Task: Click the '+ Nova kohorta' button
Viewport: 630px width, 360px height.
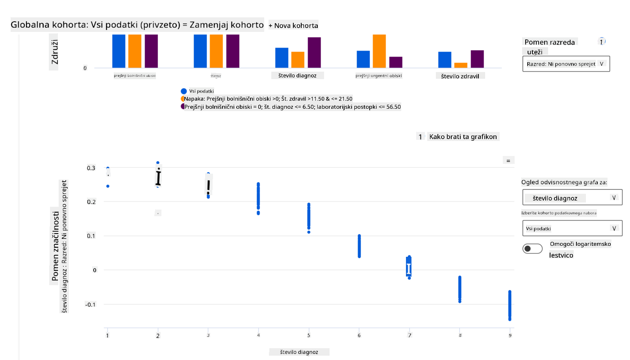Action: tap(293, 26)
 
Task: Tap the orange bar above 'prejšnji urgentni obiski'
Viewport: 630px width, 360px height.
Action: tap(379, 51)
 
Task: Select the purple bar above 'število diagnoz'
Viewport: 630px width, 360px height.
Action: tap(314, 52)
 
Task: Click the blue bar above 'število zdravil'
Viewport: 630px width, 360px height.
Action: tap(445, 60)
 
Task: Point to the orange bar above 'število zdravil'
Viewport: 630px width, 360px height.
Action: tap(461, 65)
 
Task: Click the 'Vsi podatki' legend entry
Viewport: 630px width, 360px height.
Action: tap(201, 91)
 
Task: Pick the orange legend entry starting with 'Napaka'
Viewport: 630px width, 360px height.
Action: tap(268, 99)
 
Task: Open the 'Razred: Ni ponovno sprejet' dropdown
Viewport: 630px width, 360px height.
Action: tap(566, 64)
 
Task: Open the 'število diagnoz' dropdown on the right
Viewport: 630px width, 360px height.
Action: tap(572, 198)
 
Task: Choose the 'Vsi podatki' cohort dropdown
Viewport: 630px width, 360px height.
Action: tap(572, 228)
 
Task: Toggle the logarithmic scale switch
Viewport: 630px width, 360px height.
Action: tap(532, 249)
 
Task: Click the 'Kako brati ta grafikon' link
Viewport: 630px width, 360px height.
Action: tap(463, 137)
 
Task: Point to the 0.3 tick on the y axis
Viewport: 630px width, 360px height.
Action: tap(91, 168)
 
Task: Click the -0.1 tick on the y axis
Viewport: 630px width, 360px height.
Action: tap(90, 304)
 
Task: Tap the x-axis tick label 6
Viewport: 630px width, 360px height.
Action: tap(359, 336)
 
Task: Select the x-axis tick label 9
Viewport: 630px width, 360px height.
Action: tap(510, 336)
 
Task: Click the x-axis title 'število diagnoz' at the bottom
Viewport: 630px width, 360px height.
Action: tap(299, 352)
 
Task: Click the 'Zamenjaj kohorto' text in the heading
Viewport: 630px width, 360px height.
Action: tap(226, 25)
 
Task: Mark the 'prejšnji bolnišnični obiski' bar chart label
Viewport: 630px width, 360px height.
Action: tap(135, 76)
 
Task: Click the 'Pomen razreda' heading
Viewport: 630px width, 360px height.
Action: tap(549, 42)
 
